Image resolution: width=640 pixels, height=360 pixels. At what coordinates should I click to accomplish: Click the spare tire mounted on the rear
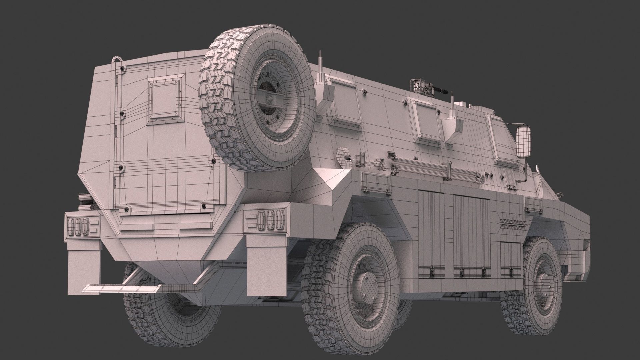[x=257, y=98]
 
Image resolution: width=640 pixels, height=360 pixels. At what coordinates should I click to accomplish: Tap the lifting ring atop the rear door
[x=117, y=60]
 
